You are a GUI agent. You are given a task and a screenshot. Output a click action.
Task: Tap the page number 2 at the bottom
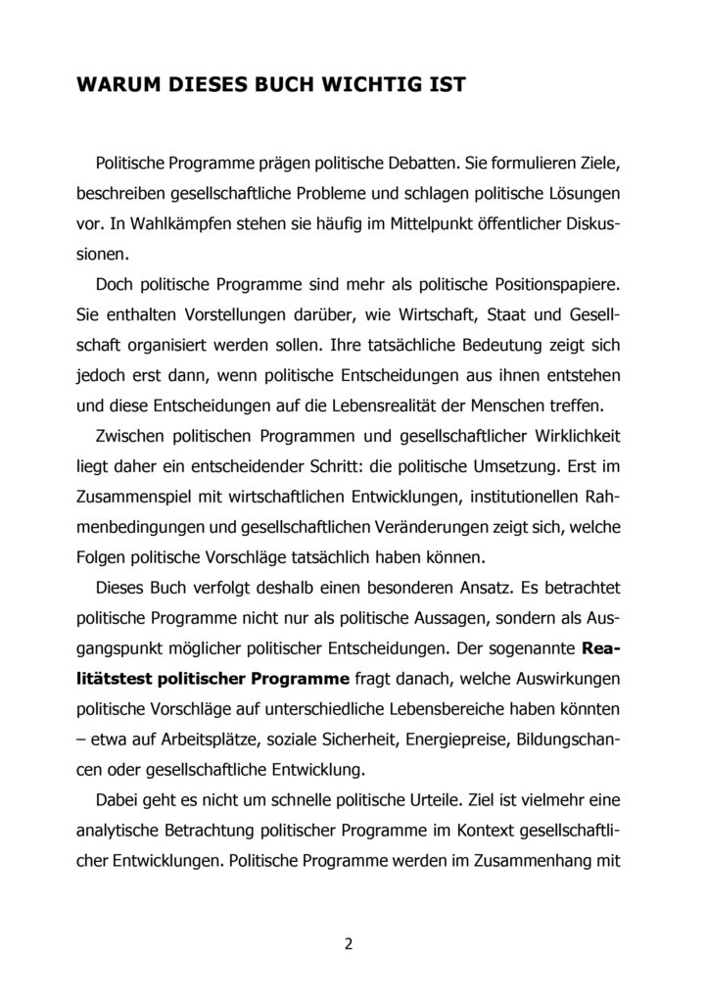[x=348, y=944]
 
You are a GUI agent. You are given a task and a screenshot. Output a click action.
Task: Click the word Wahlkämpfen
[x=171, y=223]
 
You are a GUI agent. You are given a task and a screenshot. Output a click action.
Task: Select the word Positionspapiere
[x=552, y=285]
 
